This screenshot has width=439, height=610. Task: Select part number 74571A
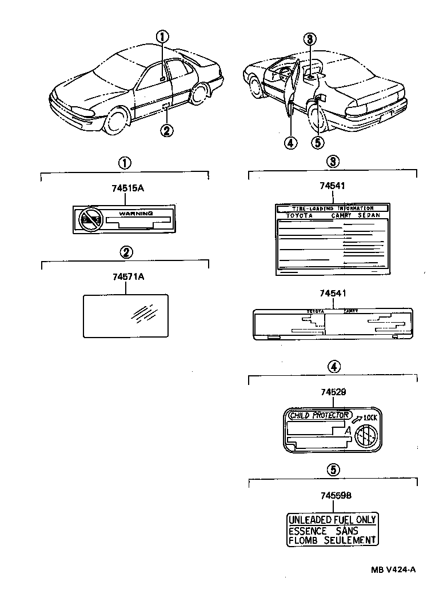[x=125, y=276]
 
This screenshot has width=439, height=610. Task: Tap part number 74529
[x=333, y=392]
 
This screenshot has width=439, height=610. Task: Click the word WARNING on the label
[x=135, y=213]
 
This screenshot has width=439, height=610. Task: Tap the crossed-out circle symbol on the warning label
[x=90, y=219]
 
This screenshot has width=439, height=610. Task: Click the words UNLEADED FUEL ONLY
[x=332, y=520]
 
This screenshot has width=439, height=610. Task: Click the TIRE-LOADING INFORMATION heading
[x=332, y=208]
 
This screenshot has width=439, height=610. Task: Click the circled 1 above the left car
[x=163, y=37]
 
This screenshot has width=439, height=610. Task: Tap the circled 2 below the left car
[x=166, y=131]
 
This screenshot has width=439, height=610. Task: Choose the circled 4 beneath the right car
[x=290, y=143]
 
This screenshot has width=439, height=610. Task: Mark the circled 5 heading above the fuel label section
[x=333, y=469]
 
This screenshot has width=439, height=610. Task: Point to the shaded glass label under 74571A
[x=126, y=315]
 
